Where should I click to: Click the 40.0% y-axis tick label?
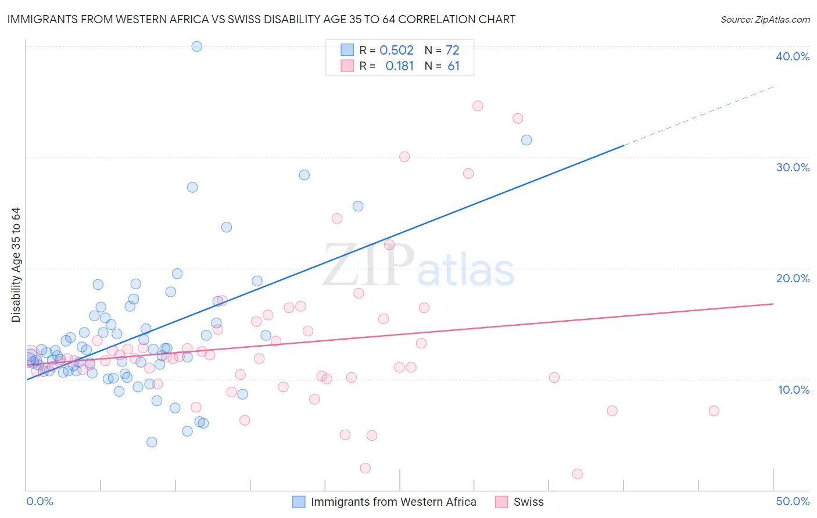(792, 56)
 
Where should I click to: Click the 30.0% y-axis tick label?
(792, 167)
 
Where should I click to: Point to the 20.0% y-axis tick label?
(792, 278)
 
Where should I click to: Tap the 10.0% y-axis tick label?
(793, 390)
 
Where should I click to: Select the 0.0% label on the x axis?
(40, 501)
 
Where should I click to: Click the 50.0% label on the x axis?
(792, 501)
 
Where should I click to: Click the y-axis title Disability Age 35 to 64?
(16, 265)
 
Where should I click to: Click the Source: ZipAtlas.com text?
(765, 20)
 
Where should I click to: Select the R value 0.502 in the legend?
(396, 51)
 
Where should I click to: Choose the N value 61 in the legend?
(453, 66)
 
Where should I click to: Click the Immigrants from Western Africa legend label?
(393, 502)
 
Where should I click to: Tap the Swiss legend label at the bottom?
(528, 502)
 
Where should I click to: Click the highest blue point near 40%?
(197, 46)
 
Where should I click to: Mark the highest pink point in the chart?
(478, 106)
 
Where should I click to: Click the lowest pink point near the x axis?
(577, 474)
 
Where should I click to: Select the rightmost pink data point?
(714, 411)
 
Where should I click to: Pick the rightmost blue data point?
(526, 140)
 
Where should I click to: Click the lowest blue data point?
(152, 442)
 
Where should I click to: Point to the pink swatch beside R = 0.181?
(347, 66)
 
